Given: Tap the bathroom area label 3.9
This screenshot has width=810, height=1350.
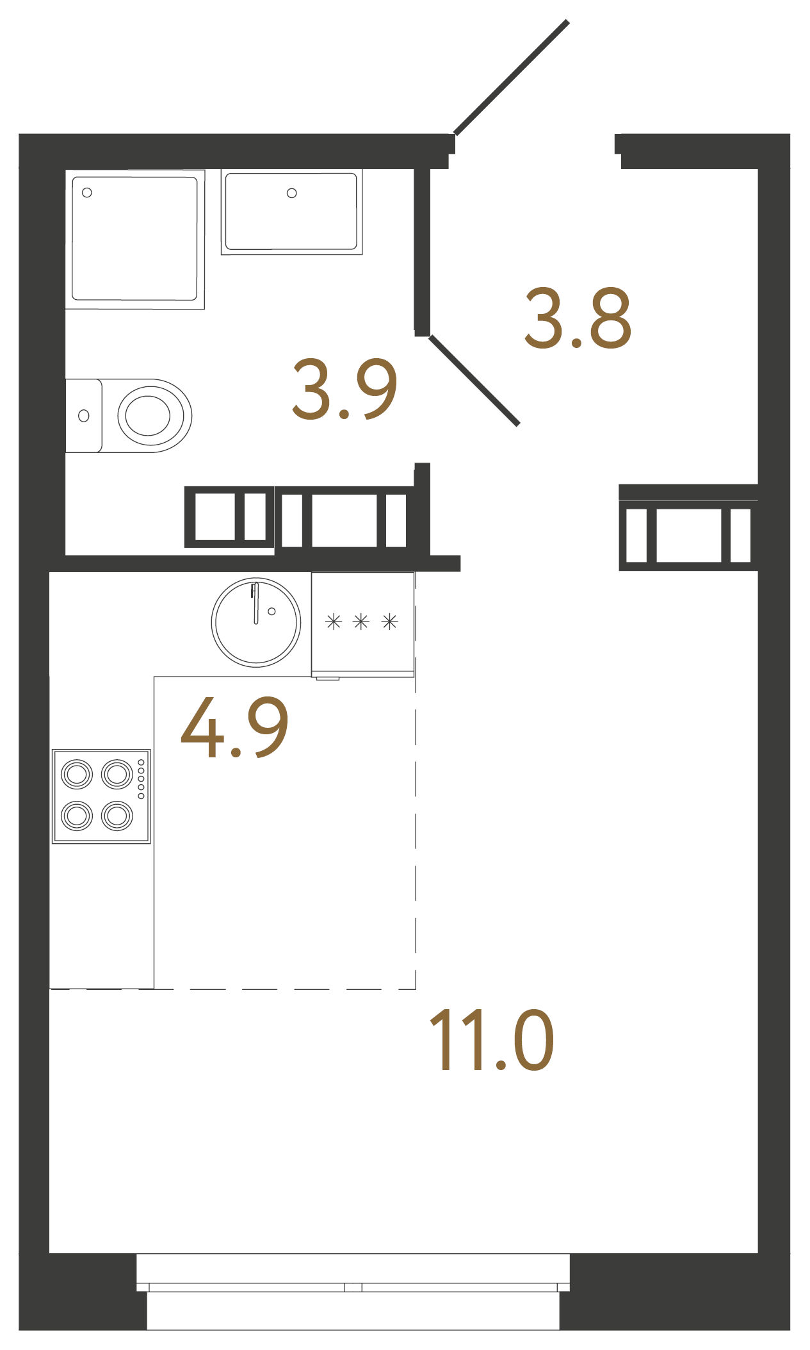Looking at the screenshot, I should pyautogui.click(x=344, y=389).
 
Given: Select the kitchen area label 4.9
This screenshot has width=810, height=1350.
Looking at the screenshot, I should pyautogui.click(x=234, y=728).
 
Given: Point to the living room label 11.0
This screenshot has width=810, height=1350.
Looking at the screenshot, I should pyautogui.click(x=491, y=1041).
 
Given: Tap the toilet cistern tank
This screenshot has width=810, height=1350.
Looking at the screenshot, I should pyautogui.click(x=83, y=416).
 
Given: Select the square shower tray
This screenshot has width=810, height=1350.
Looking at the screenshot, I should pyautogui.click(x=134, y=239).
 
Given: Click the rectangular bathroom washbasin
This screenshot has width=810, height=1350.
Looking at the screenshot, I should pyautogui.click(x=291, y=212).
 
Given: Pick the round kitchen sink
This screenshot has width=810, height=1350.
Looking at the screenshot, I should pyautogui.click(x=256, y=622).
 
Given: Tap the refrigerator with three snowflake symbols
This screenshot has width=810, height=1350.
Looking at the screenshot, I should pyautogui.click(x=362, y=623).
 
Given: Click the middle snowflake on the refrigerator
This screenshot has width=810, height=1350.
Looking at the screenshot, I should pyautogui.click(x=361, y=621).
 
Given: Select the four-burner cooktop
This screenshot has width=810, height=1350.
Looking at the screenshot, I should pyautogui.click(x=101, y=796).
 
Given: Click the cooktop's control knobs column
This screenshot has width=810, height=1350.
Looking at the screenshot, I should pyautogui.click(x=141, y=778).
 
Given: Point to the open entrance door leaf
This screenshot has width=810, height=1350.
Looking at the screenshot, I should pyautogui.click(x=512, y=77).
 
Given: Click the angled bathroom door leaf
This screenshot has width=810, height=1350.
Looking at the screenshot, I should pyautogui.click(x=474, y=380).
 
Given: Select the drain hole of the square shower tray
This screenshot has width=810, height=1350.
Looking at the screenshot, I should pyautogui.click(x=87, y=193).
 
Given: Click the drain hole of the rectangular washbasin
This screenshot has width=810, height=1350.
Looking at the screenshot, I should pyautogui.click(x=291, y=193).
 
